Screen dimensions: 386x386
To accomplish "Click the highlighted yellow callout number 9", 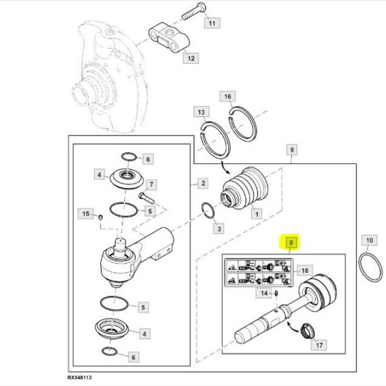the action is (x=291, y=242).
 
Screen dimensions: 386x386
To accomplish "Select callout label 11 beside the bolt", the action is (x=212, y=23).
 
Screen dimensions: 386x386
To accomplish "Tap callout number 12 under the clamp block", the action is (x=191, y=58).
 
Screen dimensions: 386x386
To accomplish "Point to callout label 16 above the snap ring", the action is (x=228, y=96).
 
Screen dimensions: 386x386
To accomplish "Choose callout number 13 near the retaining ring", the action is (x=201, y=112).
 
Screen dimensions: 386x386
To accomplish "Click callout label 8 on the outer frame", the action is (x=292, y=150).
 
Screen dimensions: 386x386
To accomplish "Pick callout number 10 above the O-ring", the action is (x=370, y=240).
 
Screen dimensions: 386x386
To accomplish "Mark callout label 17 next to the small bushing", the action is (x=319, y=345).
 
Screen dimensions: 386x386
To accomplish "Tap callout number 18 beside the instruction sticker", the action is (x=305, y=271).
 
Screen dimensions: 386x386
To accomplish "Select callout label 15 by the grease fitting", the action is (x=86, y=213).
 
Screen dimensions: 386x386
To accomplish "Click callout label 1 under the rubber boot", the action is (x=257, y=214).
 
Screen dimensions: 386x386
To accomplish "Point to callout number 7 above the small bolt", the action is (x=152, y=184).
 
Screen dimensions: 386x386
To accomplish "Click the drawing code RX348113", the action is (x=79, y=377).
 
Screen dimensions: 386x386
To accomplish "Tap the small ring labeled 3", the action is (x=207, y=211).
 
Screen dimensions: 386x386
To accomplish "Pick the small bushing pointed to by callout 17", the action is (x=308, y=330).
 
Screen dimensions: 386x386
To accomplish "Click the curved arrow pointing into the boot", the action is (x=226, y=167).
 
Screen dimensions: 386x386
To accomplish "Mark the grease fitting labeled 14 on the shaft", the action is (x=276, y=293).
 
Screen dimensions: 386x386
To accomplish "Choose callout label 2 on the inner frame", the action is (x=203, y=184).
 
